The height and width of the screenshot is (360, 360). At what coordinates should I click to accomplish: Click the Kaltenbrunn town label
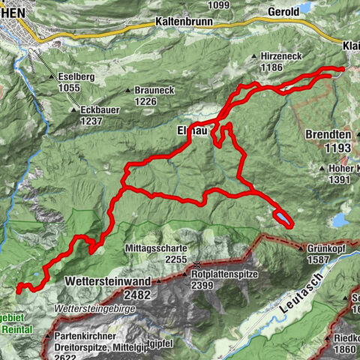[185, 22]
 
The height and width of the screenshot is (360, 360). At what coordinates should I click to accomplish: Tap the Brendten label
[328, 135]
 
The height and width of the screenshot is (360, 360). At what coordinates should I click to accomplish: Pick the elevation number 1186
[272, 67]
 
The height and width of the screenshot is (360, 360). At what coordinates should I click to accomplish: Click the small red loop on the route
[283, 218]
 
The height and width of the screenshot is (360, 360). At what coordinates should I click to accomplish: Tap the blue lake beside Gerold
[305, 9]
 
